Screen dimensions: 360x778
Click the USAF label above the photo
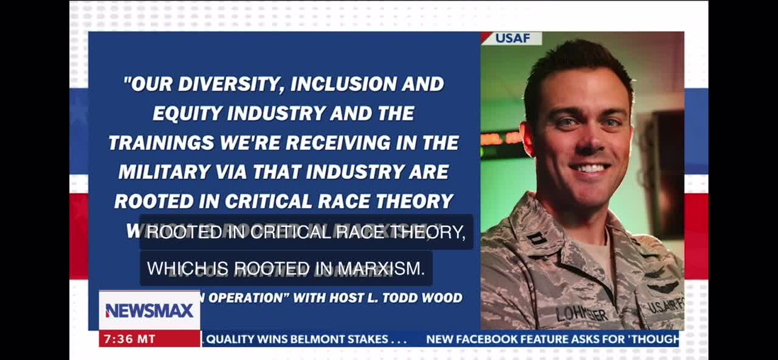tap(512, 38)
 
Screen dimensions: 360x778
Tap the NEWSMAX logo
tap(150, 311)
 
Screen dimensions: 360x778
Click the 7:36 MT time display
tap(129, 339)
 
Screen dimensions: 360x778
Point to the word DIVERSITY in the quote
tap(232, 84)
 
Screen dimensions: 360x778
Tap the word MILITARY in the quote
tap(157, 171)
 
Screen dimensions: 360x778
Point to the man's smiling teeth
tap(589, 168)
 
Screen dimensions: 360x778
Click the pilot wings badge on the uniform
tap(662, 286)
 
